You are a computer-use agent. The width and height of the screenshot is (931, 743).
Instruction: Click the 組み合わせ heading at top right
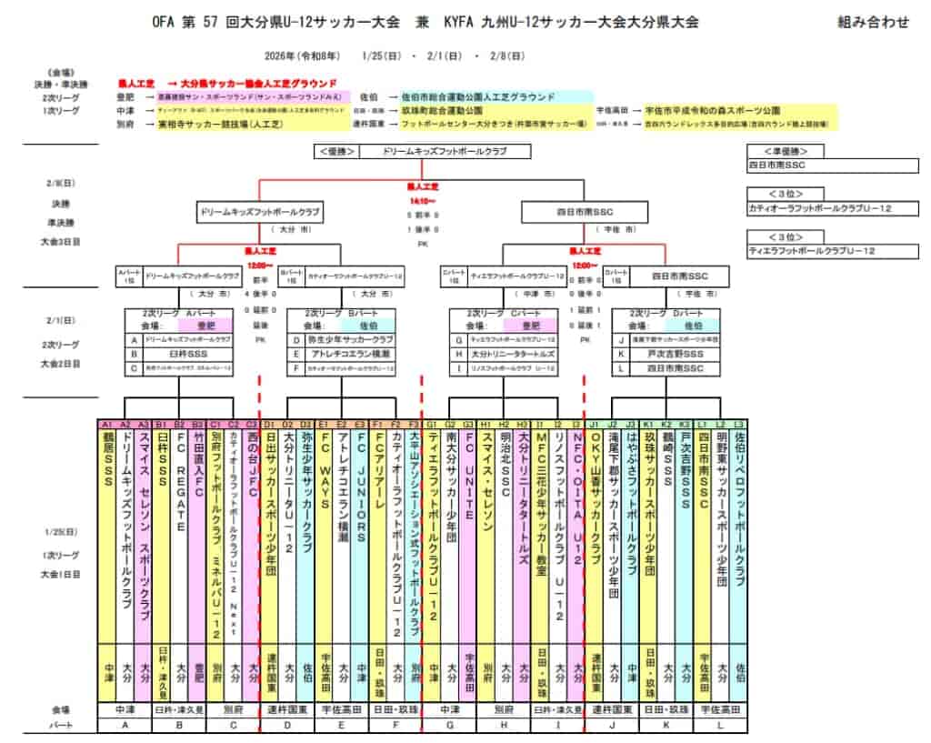pos(872,23)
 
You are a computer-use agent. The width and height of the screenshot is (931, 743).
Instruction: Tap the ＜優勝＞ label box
pos(338,151)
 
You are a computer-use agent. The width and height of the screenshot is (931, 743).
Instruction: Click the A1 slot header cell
pos(106,424)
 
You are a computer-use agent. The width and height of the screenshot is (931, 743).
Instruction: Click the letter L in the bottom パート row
pos(720,725)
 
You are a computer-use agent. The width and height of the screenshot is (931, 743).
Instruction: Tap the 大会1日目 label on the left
pos(61,574)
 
